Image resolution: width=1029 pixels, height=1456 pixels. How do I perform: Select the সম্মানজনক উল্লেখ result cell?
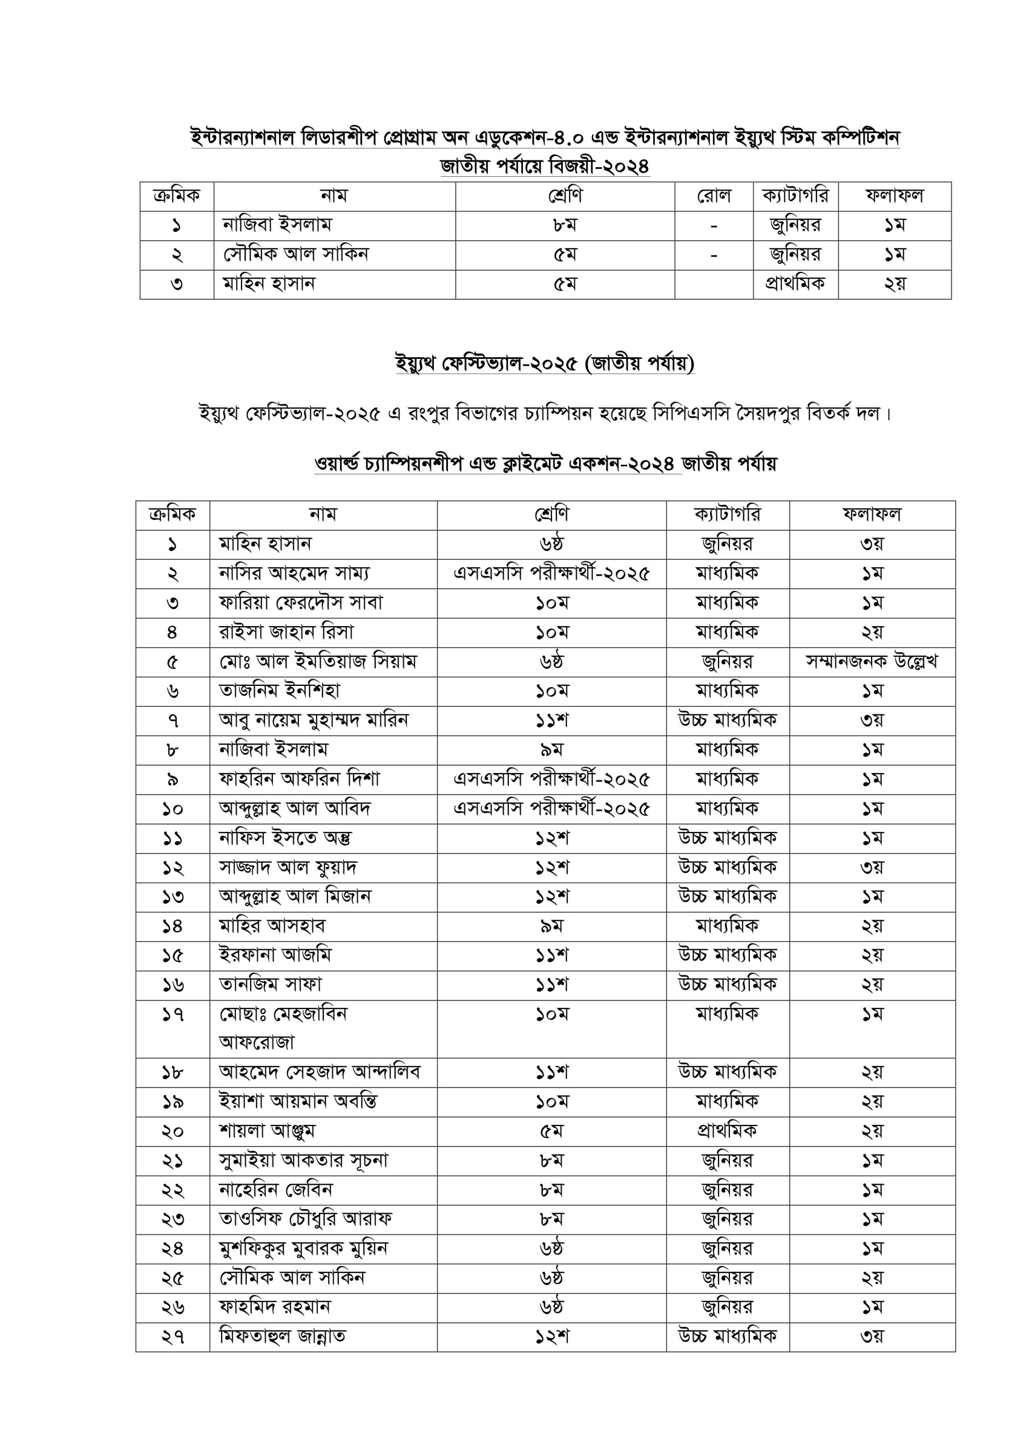872,662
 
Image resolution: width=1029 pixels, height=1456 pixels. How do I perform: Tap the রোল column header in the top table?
713,196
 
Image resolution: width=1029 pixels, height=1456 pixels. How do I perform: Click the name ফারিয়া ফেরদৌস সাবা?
301,603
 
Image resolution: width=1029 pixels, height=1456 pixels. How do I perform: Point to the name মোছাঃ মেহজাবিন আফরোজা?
283,1027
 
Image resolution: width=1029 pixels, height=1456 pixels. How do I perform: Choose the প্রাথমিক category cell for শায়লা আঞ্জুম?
727,1131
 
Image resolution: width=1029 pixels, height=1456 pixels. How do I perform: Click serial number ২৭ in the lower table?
172,1337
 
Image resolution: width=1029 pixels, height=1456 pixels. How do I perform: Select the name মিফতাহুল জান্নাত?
282,1337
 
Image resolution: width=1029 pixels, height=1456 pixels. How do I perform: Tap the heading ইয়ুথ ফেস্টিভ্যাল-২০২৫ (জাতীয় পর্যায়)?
545,363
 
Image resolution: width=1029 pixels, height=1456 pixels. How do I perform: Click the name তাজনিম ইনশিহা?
280,690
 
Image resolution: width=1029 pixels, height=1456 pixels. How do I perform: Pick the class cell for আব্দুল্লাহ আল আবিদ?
551,809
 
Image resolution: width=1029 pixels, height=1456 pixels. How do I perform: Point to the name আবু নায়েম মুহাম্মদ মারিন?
314,721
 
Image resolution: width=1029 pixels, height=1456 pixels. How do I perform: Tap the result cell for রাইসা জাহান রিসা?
872,633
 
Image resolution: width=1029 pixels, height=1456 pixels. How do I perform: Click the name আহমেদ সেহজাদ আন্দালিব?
320,1072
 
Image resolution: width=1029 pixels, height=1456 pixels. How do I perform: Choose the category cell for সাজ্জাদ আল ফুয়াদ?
727,867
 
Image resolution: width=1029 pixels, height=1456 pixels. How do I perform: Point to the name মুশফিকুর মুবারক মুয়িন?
303,1248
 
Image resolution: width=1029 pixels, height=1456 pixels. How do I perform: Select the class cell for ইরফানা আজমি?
551,955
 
